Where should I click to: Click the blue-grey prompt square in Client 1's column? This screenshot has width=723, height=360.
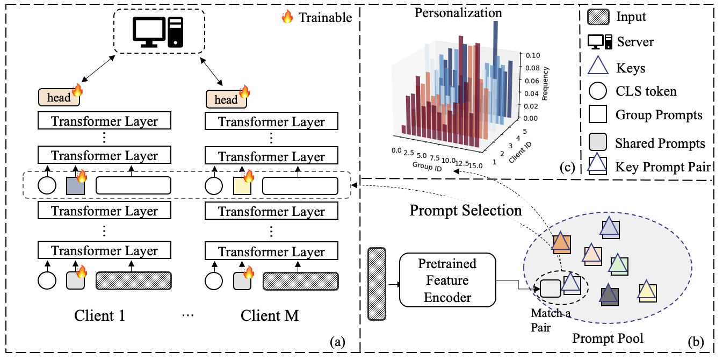(x=75, y=185)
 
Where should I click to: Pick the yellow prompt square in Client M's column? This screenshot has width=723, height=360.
(x=242, y=186)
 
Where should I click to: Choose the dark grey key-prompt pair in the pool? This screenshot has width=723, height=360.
(x=609, y=294)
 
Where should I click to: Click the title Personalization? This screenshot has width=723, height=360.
(x=458, y=12)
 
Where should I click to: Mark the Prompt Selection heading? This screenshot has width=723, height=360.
(x=466, y=210)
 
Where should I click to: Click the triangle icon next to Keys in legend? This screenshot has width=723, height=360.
(x=599, y=67)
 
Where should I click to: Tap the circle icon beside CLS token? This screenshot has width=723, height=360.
(x=599, y=91)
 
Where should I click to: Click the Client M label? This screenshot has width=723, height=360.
(x=269, y=315)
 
